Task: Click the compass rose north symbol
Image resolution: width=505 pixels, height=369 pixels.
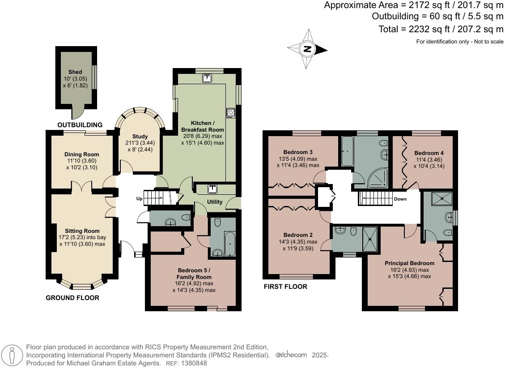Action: pos(307,49)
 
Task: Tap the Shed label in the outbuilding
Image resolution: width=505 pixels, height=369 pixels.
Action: pos(75,72)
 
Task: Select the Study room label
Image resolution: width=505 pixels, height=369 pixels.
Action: pos(140,137)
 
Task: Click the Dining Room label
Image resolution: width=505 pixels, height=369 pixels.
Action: pos(81,154)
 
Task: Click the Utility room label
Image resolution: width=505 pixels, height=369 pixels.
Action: pos(214,202)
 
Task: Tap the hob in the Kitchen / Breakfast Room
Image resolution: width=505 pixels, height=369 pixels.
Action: pos(231,112)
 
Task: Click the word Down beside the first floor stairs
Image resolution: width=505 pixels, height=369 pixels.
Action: pos(400,199)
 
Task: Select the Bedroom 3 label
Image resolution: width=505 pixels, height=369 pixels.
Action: pos(298,151)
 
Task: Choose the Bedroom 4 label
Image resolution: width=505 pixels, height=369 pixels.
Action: pos(429,153)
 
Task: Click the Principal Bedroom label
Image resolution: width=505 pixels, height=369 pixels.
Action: pos(409,263)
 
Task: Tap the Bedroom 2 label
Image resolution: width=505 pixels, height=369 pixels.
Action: pos(298,235)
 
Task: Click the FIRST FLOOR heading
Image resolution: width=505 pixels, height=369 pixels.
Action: pos(285,287)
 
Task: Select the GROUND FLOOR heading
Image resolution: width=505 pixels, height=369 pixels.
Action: pos(72,298)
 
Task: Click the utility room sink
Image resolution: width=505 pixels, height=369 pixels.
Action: pos(212,189)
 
